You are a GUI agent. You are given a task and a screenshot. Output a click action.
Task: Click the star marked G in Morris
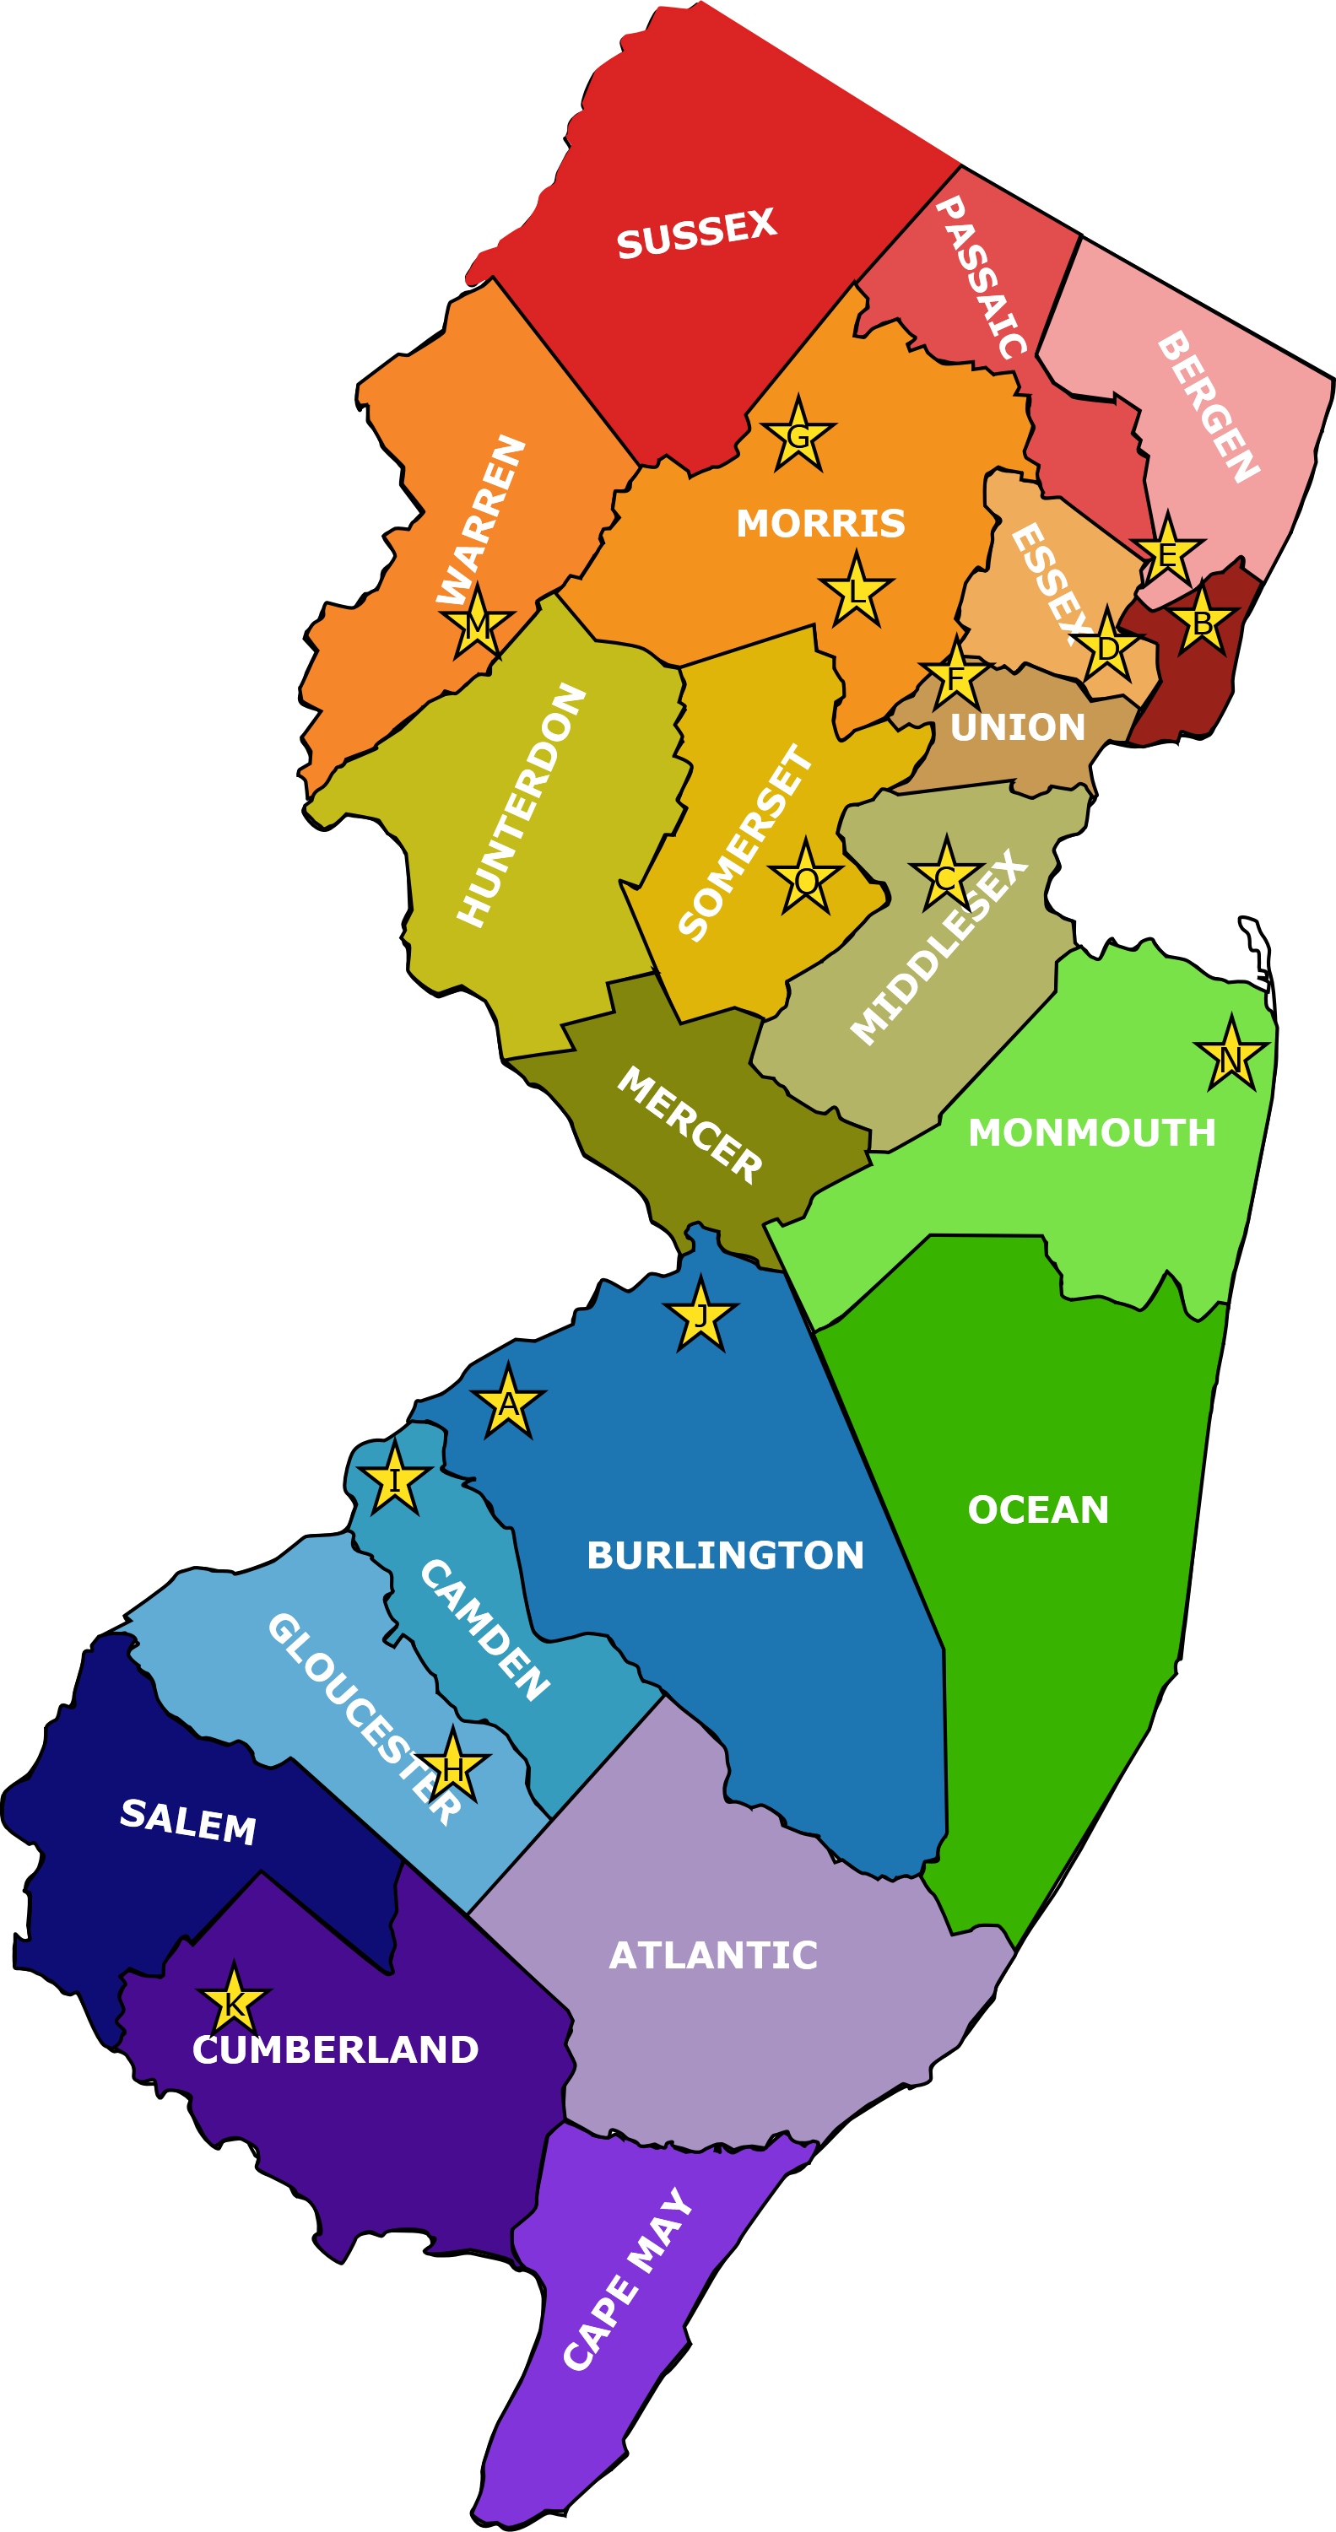click(x=798, y=435)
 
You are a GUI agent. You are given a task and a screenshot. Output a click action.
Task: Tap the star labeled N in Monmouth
click(x=1230, y=1058)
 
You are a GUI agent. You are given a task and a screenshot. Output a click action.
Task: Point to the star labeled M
click(x=477, y=625)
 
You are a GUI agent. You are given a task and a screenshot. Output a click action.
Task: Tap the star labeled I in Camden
click(x=394, y=1480)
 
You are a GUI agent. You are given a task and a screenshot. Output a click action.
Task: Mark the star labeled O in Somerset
click(x=805, y=878)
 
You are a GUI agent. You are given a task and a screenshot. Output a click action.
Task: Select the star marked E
click(x=1167, y=553)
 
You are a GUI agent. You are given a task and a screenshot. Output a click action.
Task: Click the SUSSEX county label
click(x=696, y=234)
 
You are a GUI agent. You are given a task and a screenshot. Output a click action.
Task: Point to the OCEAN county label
click(x=1037, y=1509)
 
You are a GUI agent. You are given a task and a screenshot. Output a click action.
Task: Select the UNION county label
click(x=1018, y=727)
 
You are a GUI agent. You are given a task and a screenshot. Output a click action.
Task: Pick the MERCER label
click(x=690, y=1125)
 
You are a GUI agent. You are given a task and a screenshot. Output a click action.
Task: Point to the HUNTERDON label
click(x=521, y=805)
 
